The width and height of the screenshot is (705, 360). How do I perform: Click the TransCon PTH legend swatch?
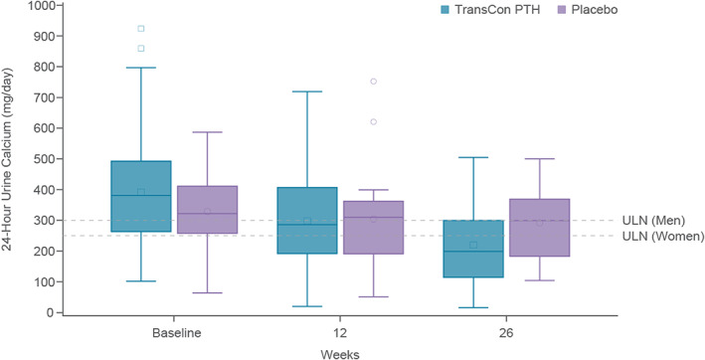(444, 9)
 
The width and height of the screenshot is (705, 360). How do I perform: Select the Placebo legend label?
(594, 9)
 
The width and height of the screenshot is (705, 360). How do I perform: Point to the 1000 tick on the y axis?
(60, 5)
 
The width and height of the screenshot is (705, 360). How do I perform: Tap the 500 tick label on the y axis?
(43, 159)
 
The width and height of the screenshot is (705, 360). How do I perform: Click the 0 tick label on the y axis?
(49, 313)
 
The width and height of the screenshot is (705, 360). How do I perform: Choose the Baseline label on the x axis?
(175, 333)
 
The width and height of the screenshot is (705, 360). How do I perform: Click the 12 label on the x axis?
(340, 333)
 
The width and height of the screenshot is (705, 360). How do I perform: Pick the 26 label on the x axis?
(506, 333)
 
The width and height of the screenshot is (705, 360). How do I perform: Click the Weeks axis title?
(340, 355)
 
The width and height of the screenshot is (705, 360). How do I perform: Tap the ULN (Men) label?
(653, 221)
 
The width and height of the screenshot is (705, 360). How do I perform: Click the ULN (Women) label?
(663, 236)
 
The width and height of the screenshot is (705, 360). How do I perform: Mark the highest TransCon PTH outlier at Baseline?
(141, 29)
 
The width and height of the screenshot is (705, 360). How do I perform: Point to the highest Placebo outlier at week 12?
(373, 82)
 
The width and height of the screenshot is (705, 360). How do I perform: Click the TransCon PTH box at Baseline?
(141, 196)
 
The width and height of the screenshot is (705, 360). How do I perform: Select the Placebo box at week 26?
(540, 228)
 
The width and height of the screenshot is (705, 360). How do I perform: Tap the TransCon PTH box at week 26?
(473, 249)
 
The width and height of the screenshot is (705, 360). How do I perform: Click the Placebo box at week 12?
(373, 228)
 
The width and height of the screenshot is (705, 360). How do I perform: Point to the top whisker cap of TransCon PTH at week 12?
(307, 91)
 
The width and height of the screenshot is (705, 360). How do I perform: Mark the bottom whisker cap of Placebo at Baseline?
(207, 293)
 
